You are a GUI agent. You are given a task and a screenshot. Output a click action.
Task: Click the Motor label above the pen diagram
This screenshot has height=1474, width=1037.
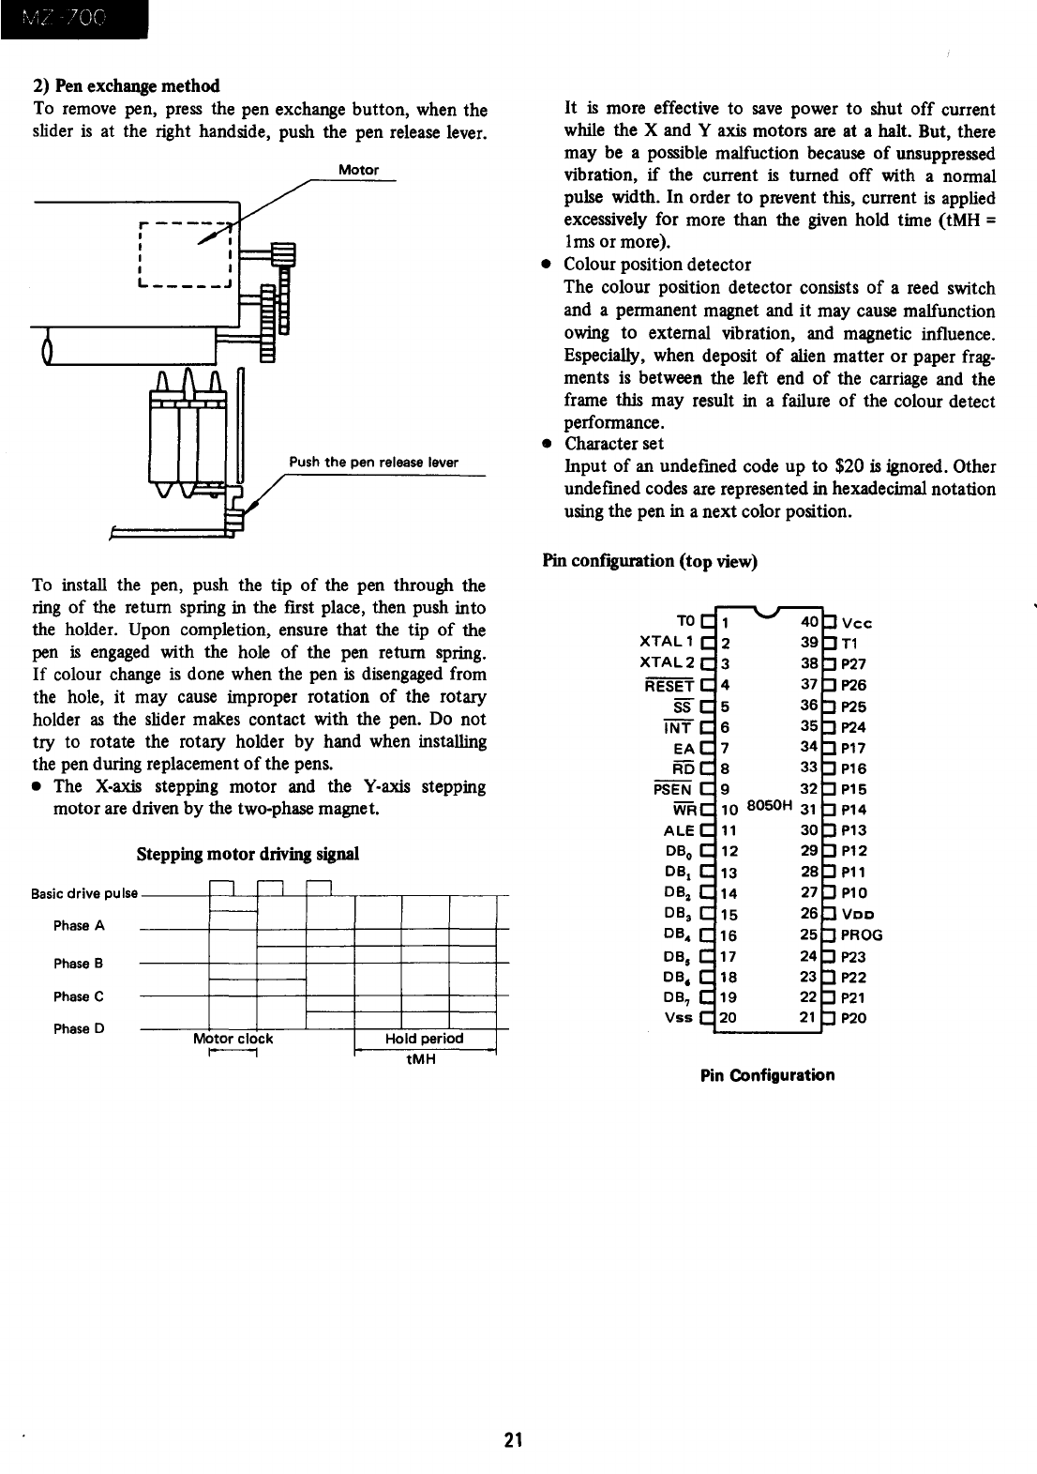pos(359,170)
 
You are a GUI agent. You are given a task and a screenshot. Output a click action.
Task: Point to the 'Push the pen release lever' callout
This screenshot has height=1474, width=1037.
pos(373,462)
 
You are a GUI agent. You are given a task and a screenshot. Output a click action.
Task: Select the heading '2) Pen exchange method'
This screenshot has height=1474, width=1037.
pos(126,86)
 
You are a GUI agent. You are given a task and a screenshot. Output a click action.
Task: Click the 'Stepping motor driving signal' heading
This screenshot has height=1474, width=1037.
pos(248,855)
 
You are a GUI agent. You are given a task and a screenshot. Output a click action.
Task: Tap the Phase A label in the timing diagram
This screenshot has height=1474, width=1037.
pos(79,926)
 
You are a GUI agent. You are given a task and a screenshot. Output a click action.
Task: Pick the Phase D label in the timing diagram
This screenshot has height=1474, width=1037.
pos(79,1028)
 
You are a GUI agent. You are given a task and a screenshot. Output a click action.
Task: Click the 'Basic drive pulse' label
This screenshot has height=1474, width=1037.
pos(84,893)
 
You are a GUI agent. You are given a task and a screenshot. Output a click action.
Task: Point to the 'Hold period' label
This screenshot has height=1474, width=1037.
pos(424,1039)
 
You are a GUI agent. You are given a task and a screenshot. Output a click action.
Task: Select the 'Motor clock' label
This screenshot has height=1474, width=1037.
pos(233,1039)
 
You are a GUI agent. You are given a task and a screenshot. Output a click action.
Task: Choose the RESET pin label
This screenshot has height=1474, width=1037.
pos(671,685)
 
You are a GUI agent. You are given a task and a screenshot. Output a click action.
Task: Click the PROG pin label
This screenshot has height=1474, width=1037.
pos(862,935)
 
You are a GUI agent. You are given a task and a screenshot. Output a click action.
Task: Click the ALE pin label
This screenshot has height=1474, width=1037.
pos(679,830)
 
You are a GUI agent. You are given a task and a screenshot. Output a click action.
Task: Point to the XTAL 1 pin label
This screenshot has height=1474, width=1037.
pos(666,643)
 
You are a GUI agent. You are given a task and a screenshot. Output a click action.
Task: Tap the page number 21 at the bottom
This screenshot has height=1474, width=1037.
pos(512,1440)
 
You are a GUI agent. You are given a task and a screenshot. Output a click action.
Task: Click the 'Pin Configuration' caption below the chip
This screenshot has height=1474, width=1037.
pos(767,1075)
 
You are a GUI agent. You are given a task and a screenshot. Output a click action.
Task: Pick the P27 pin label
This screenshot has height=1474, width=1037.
pos(854,664)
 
